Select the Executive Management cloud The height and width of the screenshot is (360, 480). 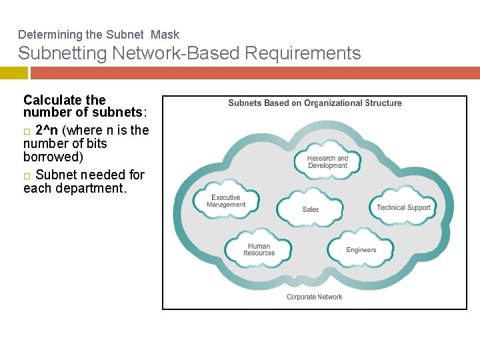point(226,201)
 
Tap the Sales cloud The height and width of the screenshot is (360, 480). point(310,209)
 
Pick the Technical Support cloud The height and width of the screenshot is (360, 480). point(403,207)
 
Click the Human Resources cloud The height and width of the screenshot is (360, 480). point(259,250)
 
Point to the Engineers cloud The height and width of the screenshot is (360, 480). point(361,250)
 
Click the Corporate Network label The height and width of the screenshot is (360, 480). point(314,297)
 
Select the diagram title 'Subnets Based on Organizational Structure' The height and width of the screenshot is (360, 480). point(315,103)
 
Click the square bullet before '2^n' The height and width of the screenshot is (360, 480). point(27,131)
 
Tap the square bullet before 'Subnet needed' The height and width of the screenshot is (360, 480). point(27,175)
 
